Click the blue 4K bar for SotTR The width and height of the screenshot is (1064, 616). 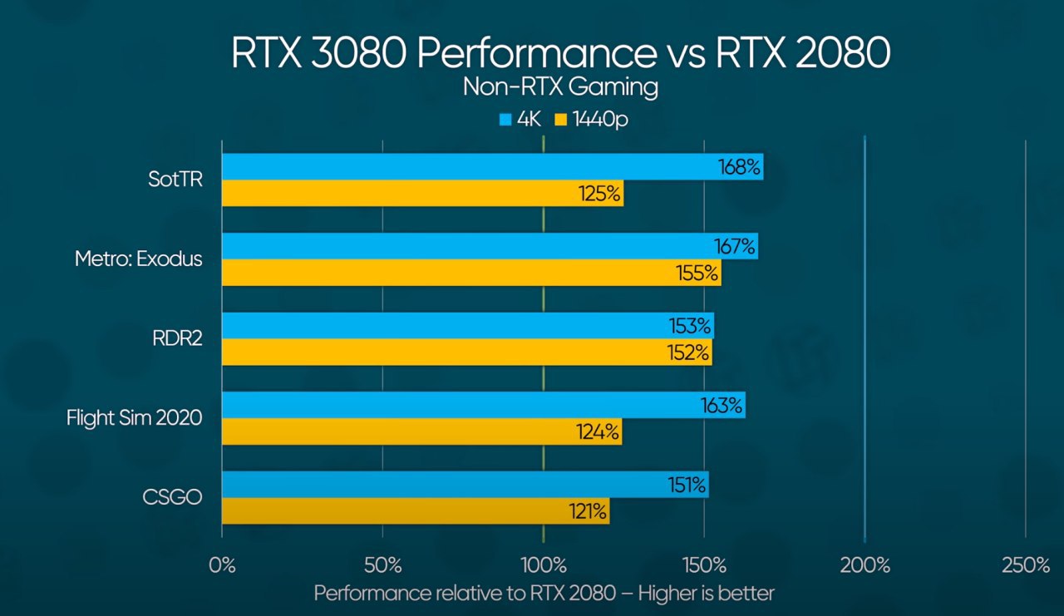pyautogui.click(x=465, y=167)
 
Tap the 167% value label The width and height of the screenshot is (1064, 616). pyautogui.click(x=735, y=247)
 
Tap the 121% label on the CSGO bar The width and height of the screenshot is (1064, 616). pyautogui.click(x=587, y=511)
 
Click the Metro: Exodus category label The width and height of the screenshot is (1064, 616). pyautogui.click(x=139, y=259)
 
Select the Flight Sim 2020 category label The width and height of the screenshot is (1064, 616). pyautogui.click(x=135, y=418)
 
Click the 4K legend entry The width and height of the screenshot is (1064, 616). pyautogui.click(x=520, y=120)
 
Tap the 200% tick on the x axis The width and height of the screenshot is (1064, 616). pyautogui.click(x=865, y=566)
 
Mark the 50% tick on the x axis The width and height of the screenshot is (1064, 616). pyautogui.click(x=382, y=566)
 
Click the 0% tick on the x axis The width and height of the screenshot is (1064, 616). pyautogui.click(x=222, y=566)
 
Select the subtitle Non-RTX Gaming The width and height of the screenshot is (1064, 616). pyautogui.click(x=560, y=86)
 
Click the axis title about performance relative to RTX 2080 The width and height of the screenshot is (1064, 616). pyautogui.click(x=544, y=594)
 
